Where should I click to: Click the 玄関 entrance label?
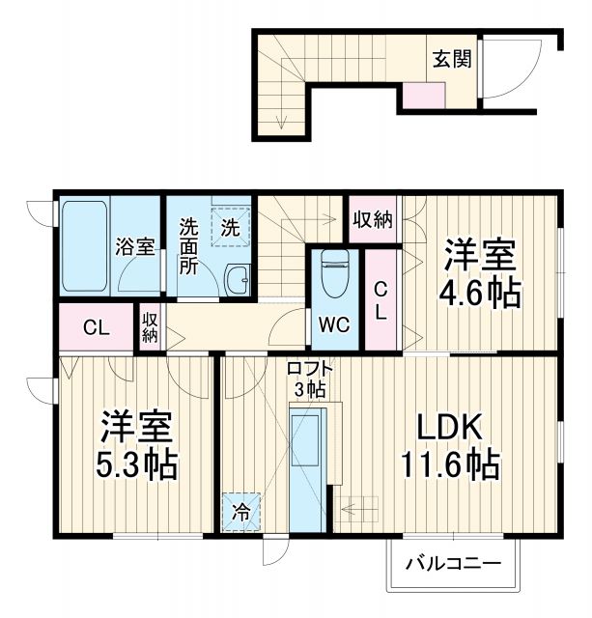(x=451, y=60)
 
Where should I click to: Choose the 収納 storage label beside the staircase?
(x=372, y=219)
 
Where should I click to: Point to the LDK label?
(x=448, y=428)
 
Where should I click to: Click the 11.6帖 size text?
(x=450, y=466)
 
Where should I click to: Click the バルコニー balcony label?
(x=453, y=563)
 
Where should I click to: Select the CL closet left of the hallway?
(x=95, y=327)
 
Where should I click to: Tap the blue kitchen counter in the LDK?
(x=307, y=468)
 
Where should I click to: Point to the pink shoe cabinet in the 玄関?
(x=423, y=94)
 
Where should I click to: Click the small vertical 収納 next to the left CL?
(x=151, y=327)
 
